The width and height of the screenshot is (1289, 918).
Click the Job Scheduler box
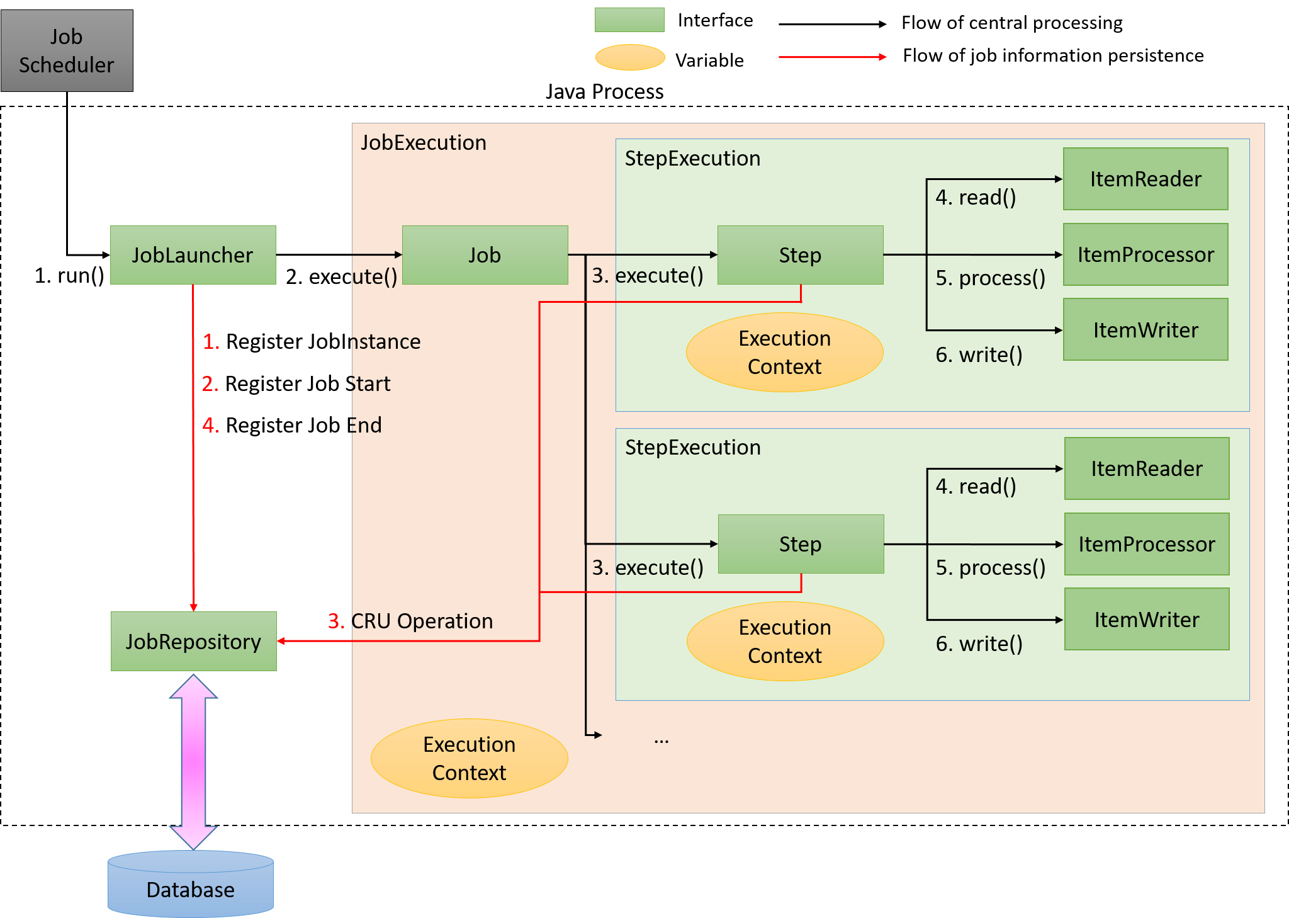point(67,50)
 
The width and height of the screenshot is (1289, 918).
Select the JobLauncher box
point(193,255)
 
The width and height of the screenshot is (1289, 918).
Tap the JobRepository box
point(193,641)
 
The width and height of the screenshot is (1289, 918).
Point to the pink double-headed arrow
point(193,762)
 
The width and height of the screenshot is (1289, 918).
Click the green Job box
point(485,255)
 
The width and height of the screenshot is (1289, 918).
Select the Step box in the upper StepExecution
point(800,255)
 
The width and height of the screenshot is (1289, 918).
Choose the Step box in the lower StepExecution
point(801,544)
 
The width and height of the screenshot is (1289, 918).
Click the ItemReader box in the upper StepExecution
point(1145,179)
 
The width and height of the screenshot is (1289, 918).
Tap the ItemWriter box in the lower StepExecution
point(1147,620)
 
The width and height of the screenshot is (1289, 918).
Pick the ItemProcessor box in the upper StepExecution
point(1145,254)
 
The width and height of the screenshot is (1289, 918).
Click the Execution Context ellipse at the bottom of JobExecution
point(470,758)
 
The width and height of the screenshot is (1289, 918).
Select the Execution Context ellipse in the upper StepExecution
point(784,353)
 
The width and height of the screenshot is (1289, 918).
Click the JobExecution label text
point(424,143)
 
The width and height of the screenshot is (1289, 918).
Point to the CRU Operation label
point(422,621)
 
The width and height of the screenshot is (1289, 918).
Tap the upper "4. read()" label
point(976,198)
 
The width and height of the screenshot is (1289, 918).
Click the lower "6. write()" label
point(979,644)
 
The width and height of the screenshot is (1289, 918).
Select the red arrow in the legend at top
point(832,57)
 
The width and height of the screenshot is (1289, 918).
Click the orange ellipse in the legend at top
point(630,57)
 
